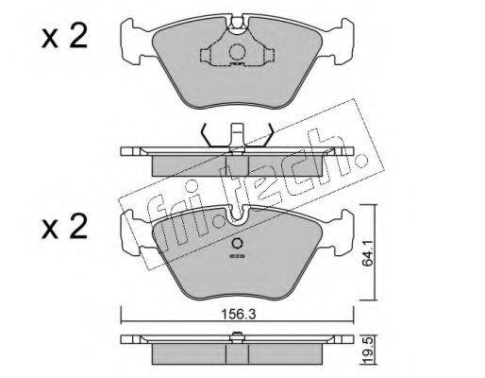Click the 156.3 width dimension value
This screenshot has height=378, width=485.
point(238,314)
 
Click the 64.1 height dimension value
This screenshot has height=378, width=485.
point(367,253)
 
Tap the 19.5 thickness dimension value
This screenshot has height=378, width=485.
point(368,350)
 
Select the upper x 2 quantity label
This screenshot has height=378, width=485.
point(64,37)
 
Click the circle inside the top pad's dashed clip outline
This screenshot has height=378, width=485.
point(237,52)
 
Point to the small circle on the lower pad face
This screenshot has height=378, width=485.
point(237,244)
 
